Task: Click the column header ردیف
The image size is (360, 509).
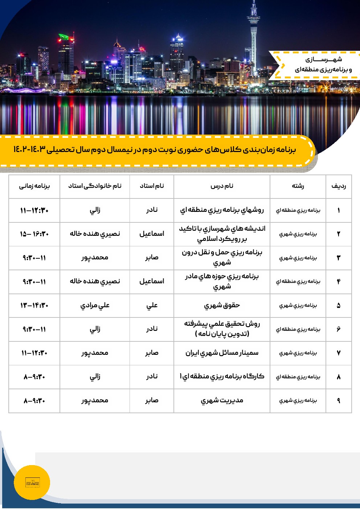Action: click(x=338, y=186)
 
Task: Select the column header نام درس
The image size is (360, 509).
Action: click(x=222, y=186)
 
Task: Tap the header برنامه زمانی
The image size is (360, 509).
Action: click(x=34, y=186)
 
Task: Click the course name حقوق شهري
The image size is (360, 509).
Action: click(x=222, y=305)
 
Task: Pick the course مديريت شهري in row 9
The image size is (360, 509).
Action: click(x=222, y=401)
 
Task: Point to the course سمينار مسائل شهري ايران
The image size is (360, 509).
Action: click(x=222, y=353)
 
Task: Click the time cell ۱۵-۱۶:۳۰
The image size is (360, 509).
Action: click(x=34, y=234)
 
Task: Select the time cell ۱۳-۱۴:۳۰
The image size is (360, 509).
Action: click(x=34, y=305)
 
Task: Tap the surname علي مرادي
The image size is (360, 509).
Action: click(x=95, y=305)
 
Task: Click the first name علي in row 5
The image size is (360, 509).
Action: click(x=152, y=305)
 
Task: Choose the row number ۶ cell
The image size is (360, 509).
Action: click(x=338, y=329)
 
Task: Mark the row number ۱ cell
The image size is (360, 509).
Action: click(x=338, y=210)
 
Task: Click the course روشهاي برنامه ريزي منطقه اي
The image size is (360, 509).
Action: click(x=222, y=210)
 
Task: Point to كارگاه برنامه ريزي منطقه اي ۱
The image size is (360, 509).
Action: click(x=222, y=377)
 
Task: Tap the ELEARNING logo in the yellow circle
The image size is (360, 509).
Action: click(x=32, y=483)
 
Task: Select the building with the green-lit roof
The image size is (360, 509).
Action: click(x=65, y=37)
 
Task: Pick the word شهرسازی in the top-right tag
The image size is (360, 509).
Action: click(x=323, y=59)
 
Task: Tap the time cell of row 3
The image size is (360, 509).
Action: click(x=34, y=258)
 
